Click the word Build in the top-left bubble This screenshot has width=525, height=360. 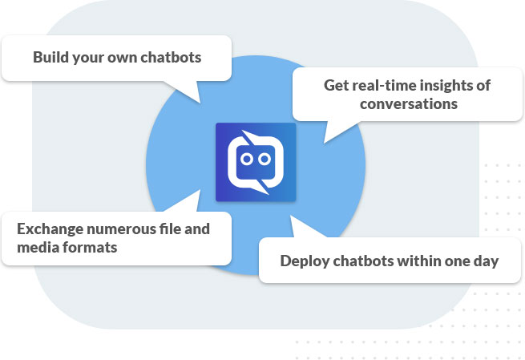click(50, 58)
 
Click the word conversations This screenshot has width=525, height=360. click(408, 103)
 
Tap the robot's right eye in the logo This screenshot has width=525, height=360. click(265, 160)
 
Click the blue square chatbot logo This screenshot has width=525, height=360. click(256, 161)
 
